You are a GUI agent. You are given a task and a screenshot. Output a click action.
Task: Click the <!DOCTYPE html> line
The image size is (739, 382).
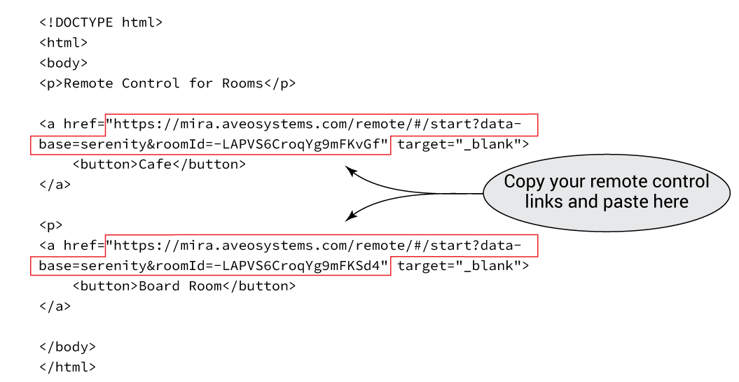tap(100, 22)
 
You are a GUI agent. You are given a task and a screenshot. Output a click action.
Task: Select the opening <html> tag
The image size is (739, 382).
tap(63, 43)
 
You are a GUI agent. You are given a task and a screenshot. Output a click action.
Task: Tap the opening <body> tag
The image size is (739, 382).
tap(63, 63)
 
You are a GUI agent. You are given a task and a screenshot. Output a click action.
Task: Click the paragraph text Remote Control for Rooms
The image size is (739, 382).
tap(167, 83)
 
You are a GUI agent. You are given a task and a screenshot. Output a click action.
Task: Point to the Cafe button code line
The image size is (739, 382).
tap(159, 165)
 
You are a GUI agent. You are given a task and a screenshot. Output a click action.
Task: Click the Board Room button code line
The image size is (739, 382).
tap(184, 286)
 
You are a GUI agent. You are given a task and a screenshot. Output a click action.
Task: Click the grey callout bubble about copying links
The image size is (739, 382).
tap(606, 192)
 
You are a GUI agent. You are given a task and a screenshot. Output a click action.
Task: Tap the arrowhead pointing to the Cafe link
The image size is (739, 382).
tap(349, 169)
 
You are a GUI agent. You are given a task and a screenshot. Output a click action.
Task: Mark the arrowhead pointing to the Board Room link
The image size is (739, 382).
tap(349, 218)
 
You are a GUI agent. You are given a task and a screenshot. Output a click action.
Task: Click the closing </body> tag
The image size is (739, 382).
tap(67, 347)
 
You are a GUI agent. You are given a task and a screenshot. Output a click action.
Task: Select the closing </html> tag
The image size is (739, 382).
tap(67, 367)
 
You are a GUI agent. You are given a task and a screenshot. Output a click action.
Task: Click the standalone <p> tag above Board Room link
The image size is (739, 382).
tap(51, 226)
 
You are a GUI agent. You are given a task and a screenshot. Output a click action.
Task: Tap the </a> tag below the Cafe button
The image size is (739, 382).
tap(55, 185)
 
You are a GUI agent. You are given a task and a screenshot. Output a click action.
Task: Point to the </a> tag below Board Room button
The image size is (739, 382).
tap(55, 306)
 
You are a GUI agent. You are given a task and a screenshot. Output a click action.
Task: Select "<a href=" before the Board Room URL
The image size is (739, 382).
tap(71, 246)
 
